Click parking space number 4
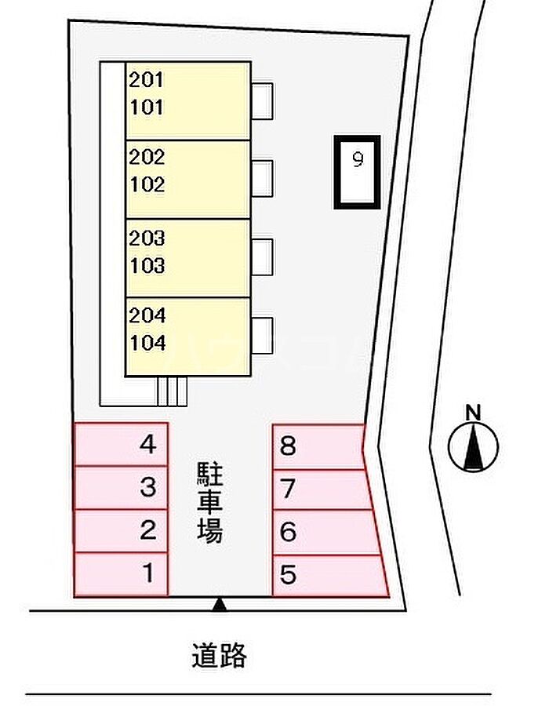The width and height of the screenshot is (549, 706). (x=121, y=445)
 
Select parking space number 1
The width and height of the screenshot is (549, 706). (x=121, y=574)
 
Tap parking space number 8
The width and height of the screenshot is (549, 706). (x=318, y=446)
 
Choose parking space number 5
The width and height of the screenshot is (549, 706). (x=330, y=576)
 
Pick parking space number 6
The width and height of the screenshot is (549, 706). (x=326, y=532)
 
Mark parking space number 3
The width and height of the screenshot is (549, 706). (x=121, y=488)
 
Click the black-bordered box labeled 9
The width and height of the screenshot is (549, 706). (x=358, y=172)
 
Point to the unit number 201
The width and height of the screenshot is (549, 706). (x=146, y=80)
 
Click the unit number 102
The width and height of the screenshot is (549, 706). (x=147, y=184)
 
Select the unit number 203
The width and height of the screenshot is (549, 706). (x=147, y=238)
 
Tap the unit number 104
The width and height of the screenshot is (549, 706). (x=147, y=343)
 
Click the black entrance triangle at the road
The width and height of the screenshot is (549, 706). (x=219, y=604)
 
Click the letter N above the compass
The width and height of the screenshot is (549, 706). (x=473, y=413)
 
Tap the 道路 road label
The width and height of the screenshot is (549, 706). (x=219, y=655)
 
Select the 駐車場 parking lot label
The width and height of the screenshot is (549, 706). (x=209, y=502)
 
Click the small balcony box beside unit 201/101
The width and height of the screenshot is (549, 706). (x=262, y=101)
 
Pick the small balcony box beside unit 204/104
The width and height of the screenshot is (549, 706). (x=262, y=336)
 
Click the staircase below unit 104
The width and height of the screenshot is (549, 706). (x=173, y=391)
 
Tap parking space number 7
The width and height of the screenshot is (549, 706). (x=322, y=489)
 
